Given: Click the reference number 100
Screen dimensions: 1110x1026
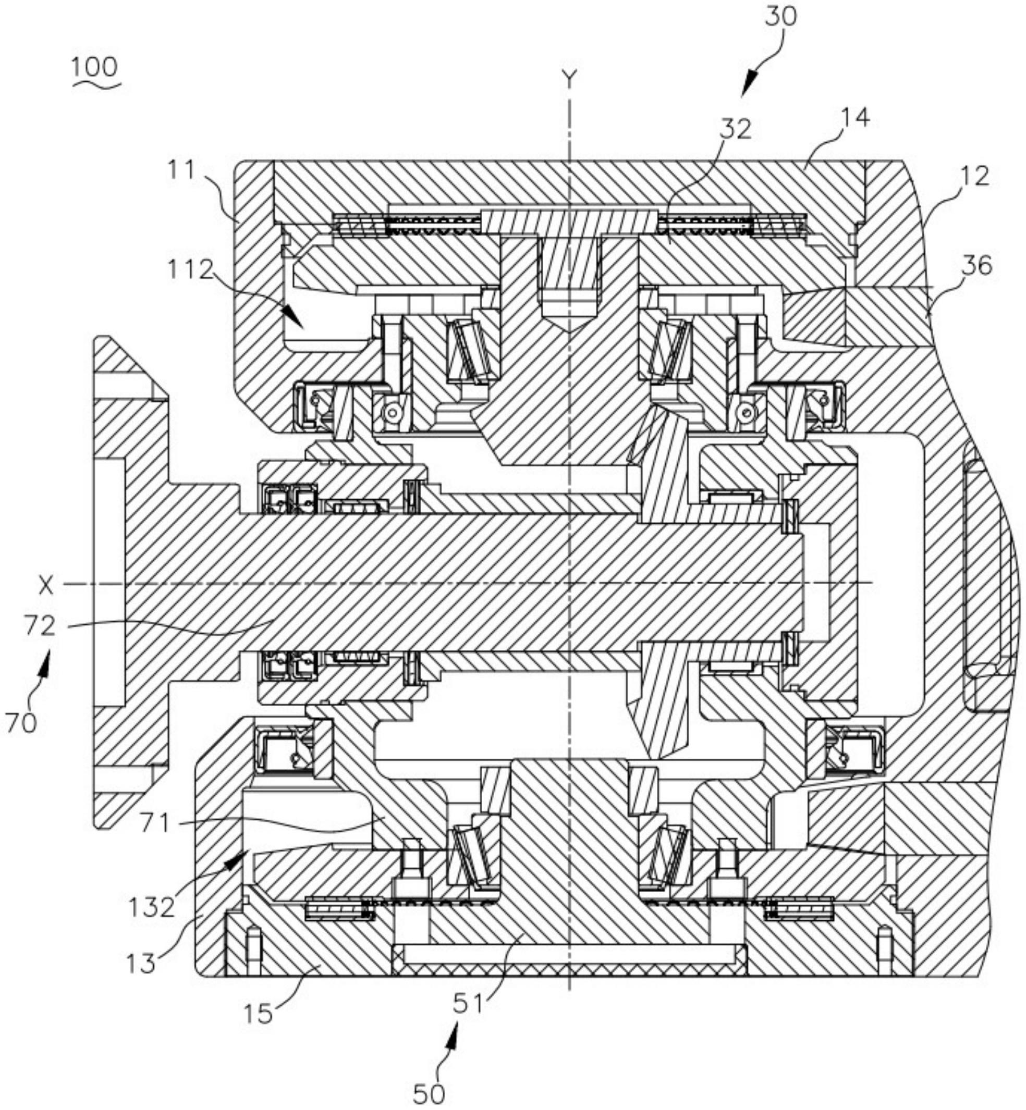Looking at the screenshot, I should (94, 67).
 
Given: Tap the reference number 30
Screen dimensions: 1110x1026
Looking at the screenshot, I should (780, 16).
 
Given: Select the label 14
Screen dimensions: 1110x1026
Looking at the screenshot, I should (854, 118).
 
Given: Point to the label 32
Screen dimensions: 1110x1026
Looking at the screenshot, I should (735, 129).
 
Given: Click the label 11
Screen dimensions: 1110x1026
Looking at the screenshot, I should (182, 170).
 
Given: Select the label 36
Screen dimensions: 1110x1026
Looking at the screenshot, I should (977, 266).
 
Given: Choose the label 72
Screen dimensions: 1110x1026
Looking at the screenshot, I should (40, 626).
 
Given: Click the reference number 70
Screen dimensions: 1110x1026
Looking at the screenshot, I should (21, 723).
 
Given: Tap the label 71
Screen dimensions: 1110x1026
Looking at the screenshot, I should (155, 823).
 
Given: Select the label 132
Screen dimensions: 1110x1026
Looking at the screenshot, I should (151, 907).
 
